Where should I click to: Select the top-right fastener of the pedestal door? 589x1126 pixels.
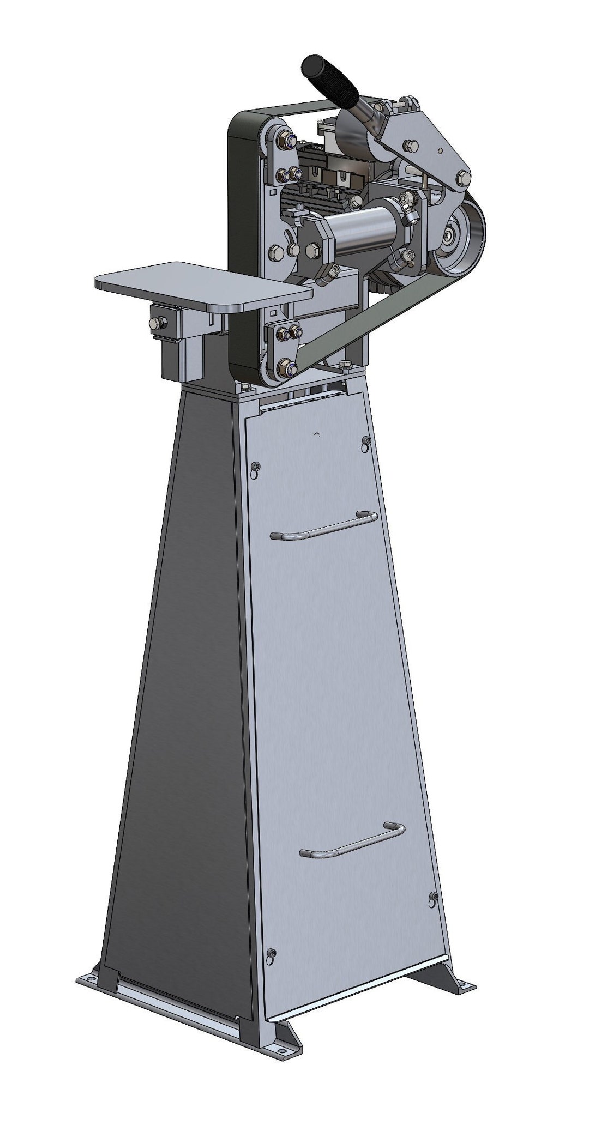[366, 440]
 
